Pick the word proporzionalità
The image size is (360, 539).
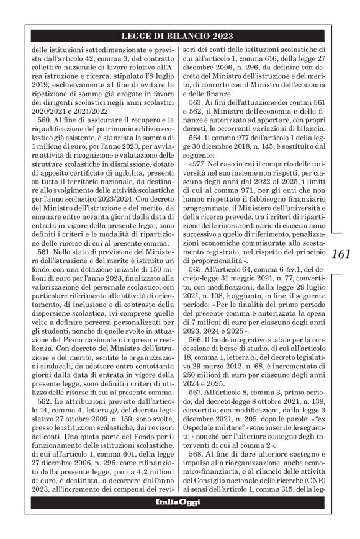(224, 262)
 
